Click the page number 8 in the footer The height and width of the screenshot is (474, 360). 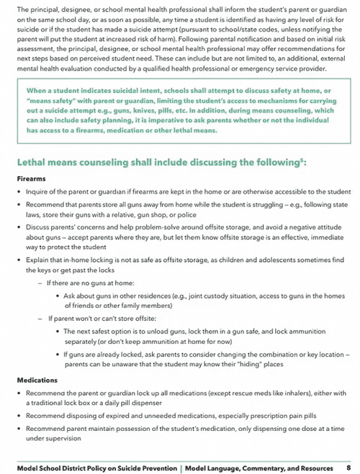(x=348, y=467)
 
